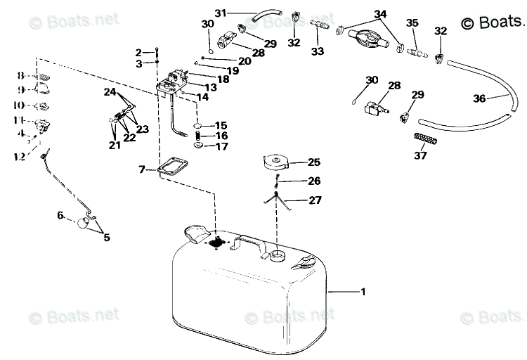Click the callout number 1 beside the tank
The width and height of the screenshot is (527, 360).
click(363, 292)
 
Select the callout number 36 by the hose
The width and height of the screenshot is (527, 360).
click(479, 99)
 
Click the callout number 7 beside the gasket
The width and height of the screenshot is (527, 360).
click(142, 169)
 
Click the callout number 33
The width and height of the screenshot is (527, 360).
click(318, 51)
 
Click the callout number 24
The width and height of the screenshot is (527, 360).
click(110, 91)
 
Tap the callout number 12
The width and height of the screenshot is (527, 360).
click(20, 157)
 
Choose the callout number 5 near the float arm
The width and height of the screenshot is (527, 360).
click(107, 238)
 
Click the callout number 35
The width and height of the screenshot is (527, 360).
click(412, 24)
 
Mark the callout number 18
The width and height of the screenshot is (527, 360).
click(223, 79)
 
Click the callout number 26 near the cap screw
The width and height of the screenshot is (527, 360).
click(313, 181)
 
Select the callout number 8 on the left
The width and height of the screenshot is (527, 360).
click(21, 76)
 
